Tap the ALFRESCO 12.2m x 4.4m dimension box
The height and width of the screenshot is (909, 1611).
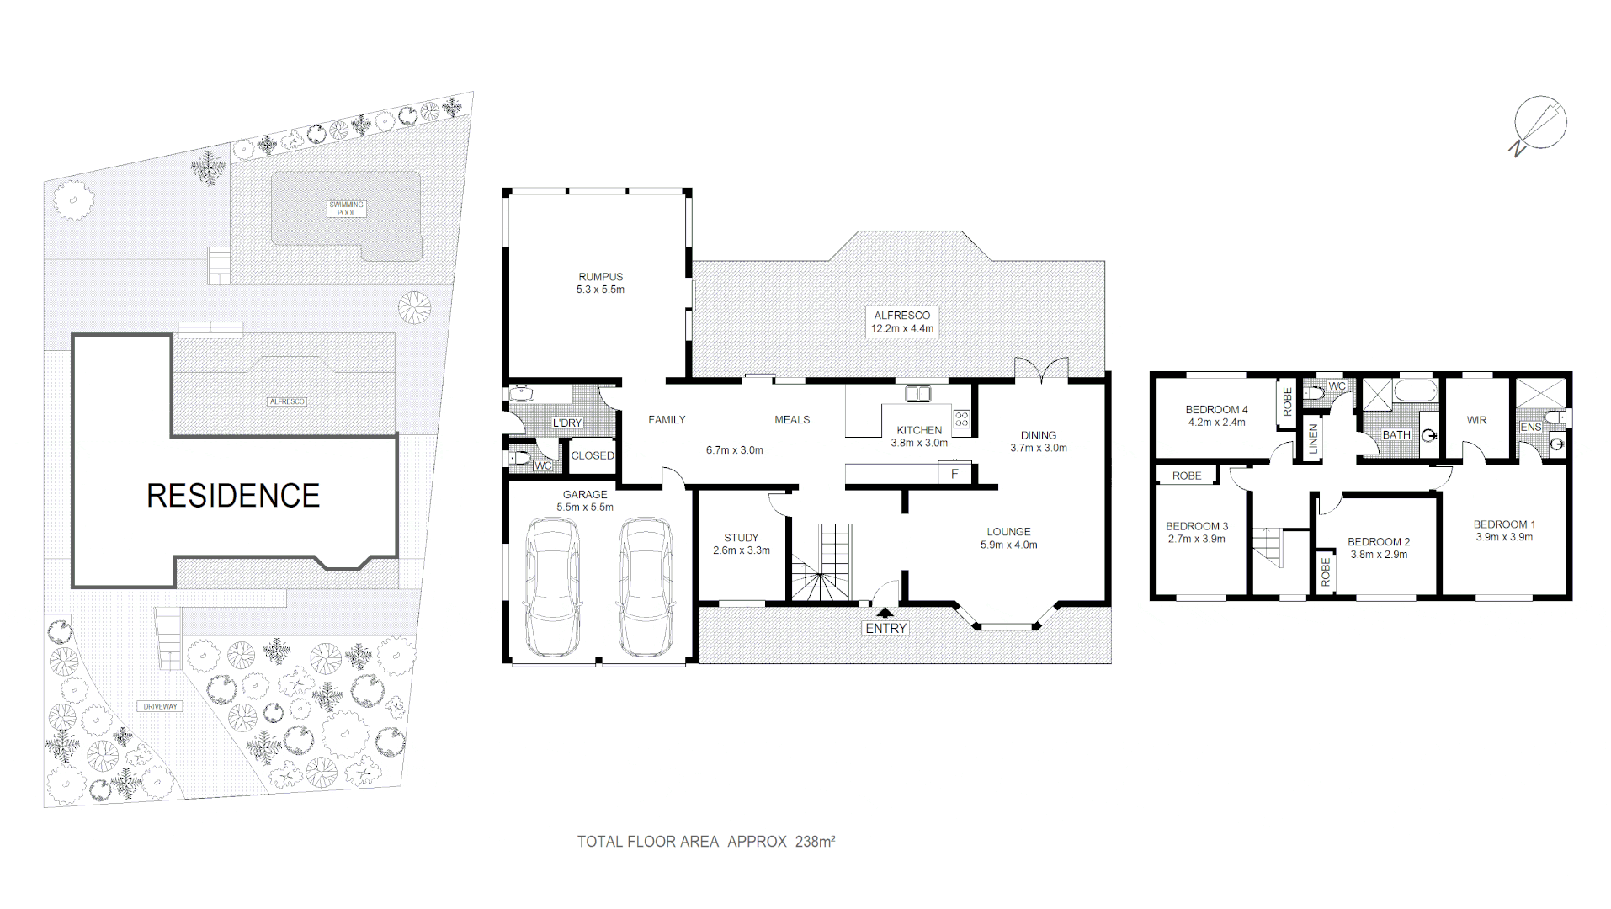pyautogui.click(x=901, y=322)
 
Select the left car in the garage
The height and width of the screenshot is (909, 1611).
pyautogui.click(x=552, y=587)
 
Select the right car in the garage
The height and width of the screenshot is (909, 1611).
pyautogui.click(x=646, y=587)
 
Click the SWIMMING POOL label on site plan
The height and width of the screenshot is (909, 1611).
pyautogui.click(x=346, y=208)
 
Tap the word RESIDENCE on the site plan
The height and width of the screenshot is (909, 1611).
pyautogui.click(x=233, y=496)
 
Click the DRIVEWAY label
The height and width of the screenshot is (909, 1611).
pyautogui.click(x=160, y=706)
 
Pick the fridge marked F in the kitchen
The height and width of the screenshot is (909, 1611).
pyautogui.click(x=954, y=474)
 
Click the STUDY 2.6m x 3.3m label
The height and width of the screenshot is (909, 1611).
pyautogui.click(x=741, y=544)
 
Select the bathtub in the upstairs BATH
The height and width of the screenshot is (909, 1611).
pyautogui.click(x=1416, y=391)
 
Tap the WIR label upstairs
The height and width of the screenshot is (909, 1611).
pyautogui.click(x=1476, y=420)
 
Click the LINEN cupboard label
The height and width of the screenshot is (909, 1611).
pyautogui.click(x=1312, y=439)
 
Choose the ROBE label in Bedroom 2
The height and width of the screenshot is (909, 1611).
pyautogui.click(x=1326, y=571)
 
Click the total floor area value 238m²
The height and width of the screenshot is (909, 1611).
pyautogui.click(x=815, y=841)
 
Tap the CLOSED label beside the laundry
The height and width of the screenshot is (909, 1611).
pyautogui.click(x=593, y=455)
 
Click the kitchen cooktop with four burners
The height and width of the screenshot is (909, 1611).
pyautogui.click(x=961, y=418)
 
